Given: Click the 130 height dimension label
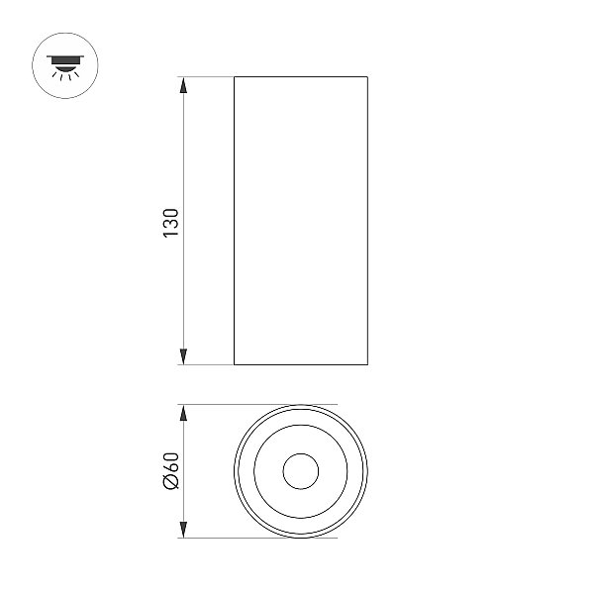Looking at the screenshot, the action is (170, 223).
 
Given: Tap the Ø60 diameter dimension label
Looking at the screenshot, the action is (170, 471).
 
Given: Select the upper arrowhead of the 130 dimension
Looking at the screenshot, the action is (183, 85).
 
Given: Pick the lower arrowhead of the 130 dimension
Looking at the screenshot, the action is (183, 356).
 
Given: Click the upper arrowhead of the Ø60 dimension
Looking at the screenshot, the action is (183, 413).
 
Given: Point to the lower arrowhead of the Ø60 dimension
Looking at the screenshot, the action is (183, 530).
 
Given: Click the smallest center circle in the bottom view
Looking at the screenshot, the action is (301, 453).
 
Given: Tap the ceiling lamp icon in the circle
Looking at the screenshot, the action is (65, 67).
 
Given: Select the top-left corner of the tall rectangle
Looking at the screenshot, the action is (234, 77).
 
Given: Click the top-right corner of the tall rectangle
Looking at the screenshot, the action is (367, 77).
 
